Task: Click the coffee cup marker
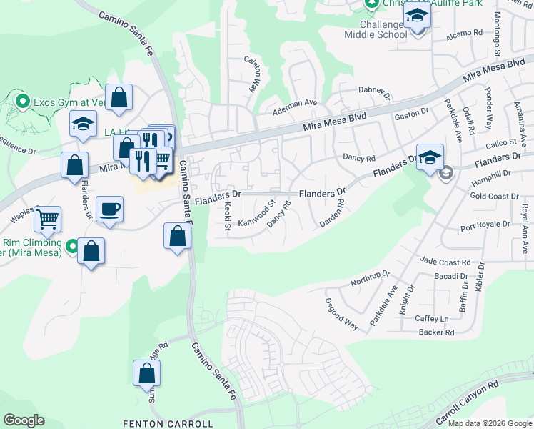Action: tap(109, 209)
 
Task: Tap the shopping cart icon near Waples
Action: tap(47, 220)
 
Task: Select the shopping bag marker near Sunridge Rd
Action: tap(146, 373)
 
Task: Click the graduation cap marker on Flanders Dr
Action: tap(430, 158)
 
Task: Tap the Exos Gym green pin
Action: tap(22, 102)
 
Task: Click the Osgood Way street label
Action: tap(341, 313)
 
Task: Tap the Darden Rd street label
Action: tap(332, 213)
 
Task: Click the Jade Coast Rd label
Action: tap(445, 262)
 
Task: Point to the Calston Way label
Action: tap(251, 74)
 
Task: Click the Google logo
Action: tap(24, 420)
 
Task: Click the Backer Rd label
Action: tap(436, 332)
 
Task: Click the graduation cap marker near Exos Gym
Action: tap(83, 124)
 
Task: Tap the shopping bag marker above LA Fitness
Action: tap(119, 97)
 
